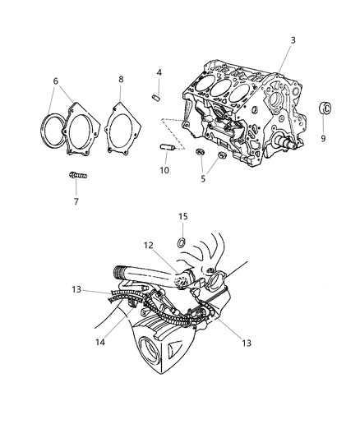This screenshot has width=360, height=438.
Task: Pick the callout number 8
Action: click(x=121, y=80)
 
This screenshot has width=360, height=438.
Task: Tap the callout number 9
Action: click(x=322, y=139)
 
